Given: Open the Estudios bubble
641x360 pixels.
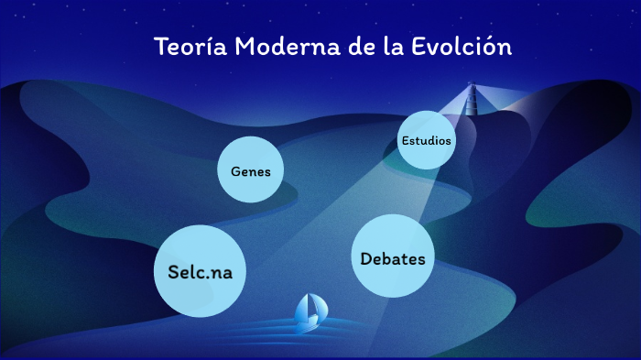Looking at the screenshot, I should (427, 140).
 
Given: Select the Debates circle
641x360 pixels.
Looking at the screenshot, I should (393, 256).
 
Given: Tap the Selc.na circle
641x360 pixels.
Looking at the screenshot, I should (201, 271).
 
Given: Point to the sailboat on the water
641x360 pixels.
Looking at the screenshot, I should (309, 313).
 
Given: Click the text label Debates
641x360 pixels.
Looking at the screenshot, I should (393, 259).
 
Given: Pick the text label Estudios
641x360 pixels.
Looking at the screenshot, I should (427, 141).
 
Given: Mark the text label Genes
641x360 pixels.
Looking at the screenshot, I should (250, 171).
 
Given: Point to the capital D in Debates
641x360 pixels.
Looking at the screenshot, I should (366, 259).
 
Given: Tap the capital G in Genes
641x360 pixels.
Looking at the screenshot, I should (235, 171).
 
